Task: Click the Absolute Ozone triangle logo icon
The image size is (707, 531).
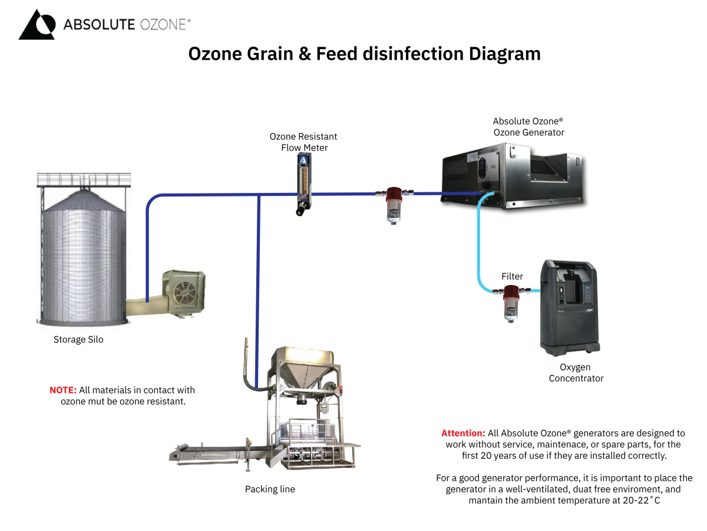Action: pyautogui.click(x=37, y=25)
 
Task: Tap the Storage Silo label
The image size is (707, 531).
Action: pyautogui.click(x=78, y=339)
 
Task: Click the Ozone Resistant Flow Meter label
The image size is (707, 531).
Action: pyautogui.click(x=303, y=142)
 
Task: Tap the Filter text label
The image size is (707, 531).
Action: pyautogui.click(x=512, y=276)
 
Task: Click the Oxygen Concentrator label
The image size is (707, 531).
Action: pyautogui.click(x=576, y=373)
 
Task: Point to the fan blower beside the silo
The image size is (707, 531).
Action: pyautogui.click(x=184, y=293)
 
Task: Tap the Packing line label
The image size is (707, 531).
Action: pyautogui.click(x=270, y=489)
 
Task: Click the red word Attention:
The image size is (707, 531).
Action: pyautogui.click(x=463, y=433)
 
